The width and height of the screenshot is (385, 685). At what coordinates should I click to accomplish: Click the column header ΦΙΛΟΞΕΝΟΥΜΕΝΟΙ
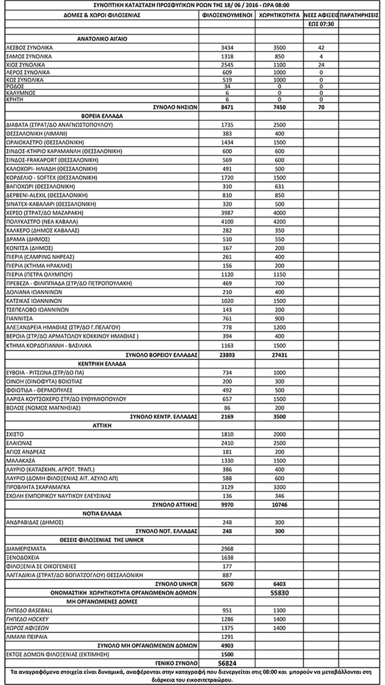pyautogui.click(x=227, y=15)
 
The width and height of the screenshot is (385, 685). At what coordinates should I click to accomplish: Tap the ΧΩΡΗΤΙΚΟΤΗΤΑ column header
pyautogui.click(x=279, y=15)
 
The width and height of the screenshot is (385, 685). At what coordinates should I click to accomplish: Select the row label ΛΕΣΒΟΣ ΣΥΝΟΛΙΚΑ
pyautogui.click(x=29, y=48)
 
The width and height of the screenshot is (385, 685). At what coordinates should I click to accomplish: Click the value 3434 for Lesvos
pyautogui.click(x=227, y=48)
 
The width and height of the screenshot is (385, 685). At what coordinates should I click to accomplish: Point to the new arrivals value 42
pyautogui.click(x=321, y=48)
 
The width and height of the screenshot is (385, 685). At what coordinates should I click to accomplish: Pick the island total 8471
pyautogui.click(x=227, y=107)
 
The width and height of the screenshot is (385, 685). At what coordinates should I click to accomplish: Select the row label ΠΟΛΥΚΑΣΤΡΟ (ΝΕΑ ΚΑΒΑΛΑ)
pyautogui.click(x=42, y=222)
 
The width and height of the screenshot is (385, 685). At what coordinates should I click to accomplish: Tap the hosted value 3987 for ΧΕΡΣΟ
pyautogui.click(x=227, y=213)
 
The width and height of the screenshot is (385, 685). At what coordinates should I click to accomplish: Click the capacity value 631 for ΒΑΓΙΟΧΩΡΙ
pyautogui.click(x=279, y=186)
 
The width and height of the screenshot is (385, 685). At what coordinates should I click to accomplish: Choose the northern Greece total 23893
pyautogui.click(x=227, y=355)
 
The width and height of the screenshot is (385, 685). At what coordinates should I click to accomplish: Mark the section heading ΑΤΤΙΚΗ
pyautogui.click(x=102, y=426)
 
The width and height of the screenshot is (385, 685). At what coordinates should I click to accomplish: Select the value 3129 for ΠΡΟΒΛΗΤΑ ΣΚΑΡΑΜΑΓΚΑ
pyautogui.click(x=227, y=487)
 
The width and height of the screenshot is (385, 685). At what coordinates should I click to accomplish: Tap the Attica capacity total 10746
pyautogui.click(x=279, y=505)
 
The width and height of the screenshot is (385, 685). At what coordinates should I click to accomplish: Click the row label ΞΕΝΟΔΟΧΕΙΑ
pyautogui.click(x=23, y=558)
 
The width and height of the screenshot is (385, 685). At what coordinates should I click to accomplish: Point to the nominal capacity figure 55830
pyautogui.click(x=279, y=593)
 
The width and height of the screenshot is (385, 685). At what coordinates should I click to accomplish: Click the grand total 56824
pyautogui.click(x=227, y=663)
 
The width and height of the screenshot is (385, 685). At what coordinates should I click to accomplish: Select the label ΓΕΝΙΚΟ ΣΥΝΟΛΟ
pyautogui.click(x=176, y=663)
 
